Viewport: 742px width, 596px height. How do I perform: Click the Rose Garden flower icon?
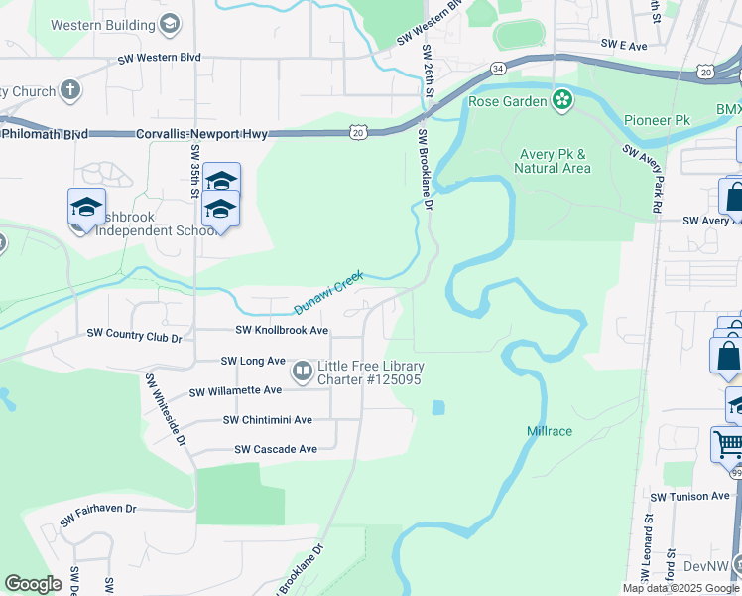pyautogui.click(x=562, y=99)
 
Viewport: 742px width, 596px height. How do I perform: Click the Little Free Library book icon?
pyautogui.click(x=302, y=372)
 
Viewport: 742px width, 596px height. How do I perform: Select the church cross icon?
pyautogui.click(x=69, y=91)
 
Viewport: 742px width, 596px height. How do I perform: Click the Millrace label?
pyautogui.click(x=549, y=431)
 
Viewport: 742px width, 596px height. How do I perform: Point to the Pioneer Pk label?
pyautogui.click(x=657, y=120)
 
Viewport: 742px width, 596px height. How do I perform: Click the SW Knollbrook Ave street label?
pyautogui.click(x=282, y=330)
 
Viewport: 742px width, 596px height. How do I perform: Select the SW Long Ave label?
pyautogui.click(x=253, y=361)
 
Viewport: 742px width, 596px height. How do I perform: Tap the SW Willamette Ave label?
pyautogui.click(x=236, y=390)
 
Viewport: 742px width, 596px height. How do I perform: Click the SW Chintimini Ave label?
pyautogui.click(x=268, y=420)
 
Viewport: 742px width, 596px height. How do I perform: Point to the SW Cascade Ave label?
pyautogui.click(x=276, y=449)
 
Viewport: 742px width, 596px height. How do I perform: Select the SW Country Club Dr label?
pyautogui.click(x=135, y=337)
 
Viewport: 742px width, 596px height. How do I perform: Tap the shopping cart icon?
pyautogui.click(x=728, y=444)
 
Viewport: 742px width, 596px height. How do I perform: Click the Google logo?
pyautogui.click(x=34, y=584)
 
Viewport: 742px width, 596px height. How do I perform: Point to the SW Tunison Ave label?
pyautogui.click(x=690, y=496)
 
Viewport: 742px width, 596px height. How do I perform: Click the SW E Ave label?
pyautogui.click(x=624, y=46)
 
